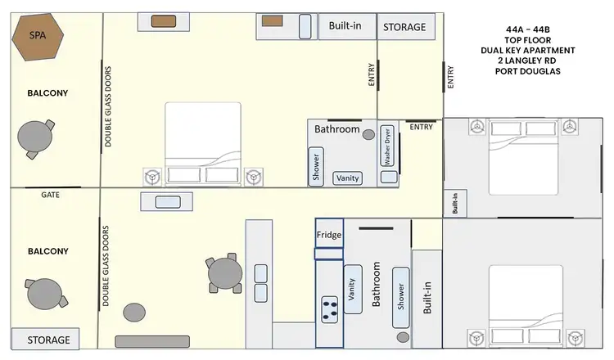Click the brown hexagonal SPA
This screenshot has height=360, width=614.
(x=38, y=38)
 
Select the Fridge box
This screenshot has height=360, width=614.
(x=329, y=236)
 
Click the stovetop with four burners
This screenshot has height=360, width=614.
(x=331, y=308)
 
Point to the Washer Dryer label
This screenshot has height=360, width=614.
(x=388, y=146)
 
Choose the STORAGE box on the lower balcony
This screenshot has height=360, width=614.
(x=48, y=340)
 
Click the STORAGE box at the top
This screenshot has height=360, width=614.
(x=404, y=27)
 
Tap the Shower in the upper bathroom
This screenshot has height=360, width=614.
(x=316, y=164)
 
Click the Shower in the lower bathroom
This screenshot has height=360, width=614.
(x=400, y=291)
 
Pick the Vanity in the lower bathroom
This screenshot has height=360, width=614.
(x=353, y=289)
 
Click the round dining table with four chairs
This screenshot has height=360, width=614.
(x=223, y=274)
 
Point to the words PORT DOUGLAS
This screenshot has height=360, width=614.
(x=528, y=71)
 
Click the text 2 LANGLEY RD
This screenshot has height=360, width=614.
(x=528, y=61)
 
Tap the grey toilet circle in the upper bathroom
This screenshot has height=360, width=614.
(x=369, y=134)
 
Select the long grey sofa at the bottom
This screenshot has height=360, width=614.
(x=152, y=341)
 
